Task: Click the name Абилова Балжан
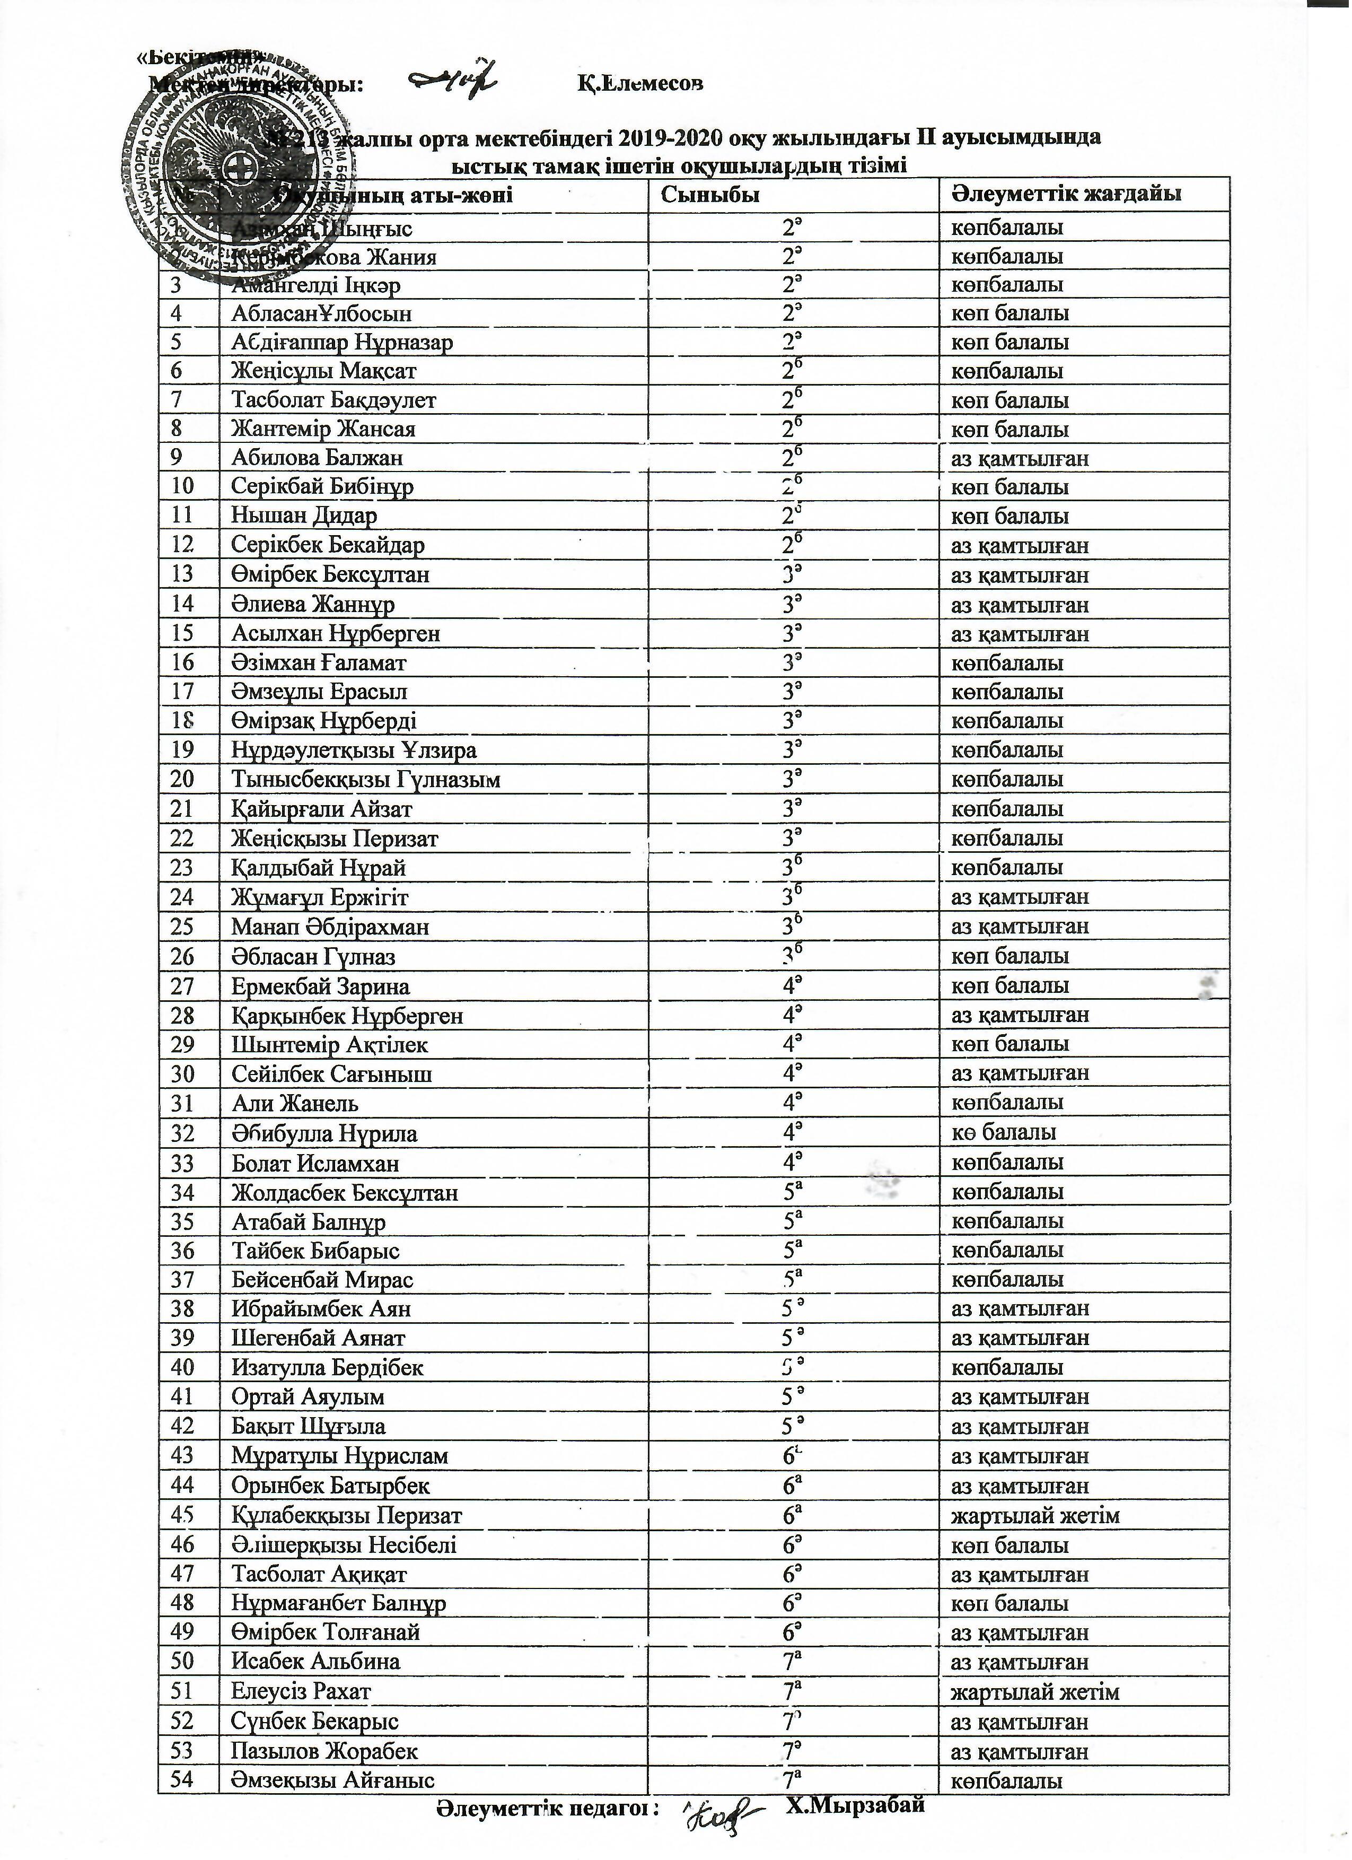[317, 458]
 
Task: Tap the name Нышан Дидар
[304, 516]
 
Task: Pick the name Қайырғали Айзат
[321, 809]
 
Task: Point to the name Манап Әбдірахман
[330, 927]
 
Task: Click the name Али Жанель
[295, 1103]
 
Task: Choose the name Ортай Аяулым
[308, 1396]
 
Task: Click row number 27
[182, 986]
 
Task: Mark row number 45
[182, 1516]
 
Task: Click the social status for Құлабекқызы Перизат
[1035, 1516]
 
